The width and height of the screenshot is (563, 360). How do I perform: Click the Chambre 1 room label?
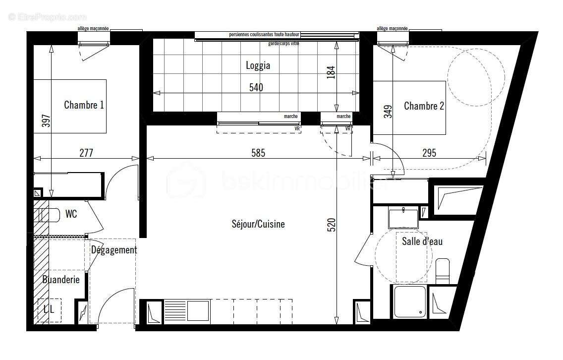(x=84, y=105)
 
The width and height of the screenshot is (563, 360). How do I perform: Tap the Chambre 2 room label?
(x=424, y=106)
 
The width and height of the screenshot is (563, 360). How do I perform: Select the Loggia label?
(x=258, y=65)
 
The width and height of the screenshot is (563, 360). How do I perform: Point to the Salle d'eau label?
(x=422, y=241)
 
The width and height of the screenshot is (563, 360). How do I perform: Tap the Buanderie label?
(x=60, y=280)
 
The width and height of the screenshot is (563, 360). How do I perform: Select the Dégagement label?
(x=113, y=250)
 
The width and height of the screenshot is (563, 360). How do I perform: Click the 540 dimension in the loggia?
(x=256, y=88)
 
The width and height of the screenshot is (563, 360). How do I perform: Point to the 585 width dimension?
(x=257, y=153)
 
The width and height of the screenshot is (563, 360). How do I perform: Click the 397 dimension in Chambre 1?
(x=46, y=121)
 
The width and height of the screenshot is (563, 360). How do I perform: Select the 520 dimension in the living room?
(x=332, y=225)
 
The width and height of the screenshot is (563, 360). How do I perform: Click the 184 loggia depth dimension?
(x=332, y=72)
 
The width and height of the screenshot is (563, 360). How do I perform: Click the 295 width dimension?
(x=429, y=153)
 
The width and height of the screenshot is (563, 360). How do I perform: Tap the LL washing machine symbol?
(x=50, y=310)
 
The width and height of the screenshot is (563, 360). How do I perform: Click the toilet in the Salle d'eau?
(x=442, y=270)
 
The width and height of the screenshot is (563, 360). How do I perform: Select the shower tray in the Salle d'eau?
(x=409, y=301)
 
